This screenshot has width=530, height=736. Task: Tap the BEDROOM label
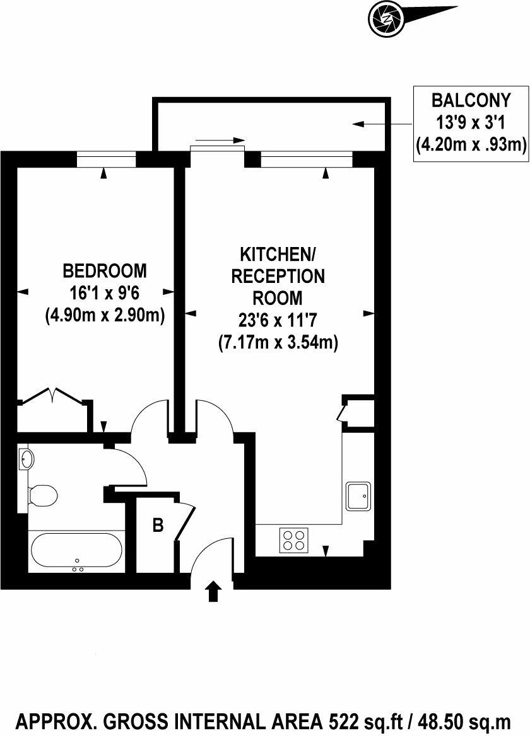[x=105, y=271]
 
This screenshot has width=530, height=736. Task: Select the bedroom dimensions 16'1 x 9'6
[x=105, y=292]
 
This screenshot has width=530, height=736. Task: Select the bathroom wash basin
[x=26, y=458]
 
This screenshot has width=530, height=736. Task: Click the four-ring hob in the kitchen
[x=294, y=540]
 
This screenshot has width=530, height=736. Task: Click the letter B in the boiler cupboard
[x=158, y=525]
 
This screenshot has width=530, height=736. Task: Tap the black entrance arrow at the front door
[x=214, y=592]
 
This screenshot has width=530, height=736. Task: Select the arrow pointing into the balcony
[x=366, y=124]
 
